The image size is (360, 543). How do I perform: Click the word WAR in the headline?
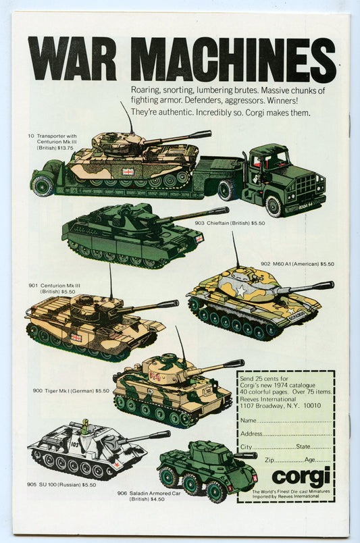pyautogui.click(x=72, y=58)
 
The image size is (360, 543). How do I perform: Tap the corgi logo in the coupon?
pyautogui.click(x=301, y=476)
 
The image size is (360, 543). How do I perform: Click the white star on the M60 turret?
pyautogui.click(x=241, y=291)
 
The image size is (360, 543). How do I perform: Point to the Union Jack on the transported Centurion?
pyautogui.click(x=128, y=172)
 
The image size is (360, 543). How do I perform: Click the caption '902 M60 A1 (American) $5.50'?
pyautogui.click(x=297, y=264)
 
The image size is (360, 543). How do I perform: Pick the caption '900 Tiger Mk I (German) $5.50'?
pyautogui.click(x=71, y=390)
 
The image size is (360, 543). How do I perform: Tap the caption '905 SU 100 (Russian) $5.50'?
pyautogui.click(x=61, y=485)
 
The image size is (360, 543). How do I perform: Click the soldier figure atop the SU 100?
pyautogui.click(x=85, y=426)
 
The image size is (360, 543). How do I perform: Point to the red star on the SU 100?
pyautogui.click(x=117, y=465)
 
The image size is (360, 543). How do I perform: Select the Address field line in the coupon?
pyautogui.click(x=298, y=436)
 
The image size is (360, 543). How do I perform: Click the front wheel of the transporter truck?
pyautogui.click(x=274, y=206)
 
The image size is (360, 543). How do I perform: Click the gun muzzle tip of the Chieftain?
pyautogui.click(x=227, y=210)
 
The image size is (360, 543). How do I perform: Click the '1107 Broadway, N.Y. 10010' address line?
pyautogui.click(x=281, y=405)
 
